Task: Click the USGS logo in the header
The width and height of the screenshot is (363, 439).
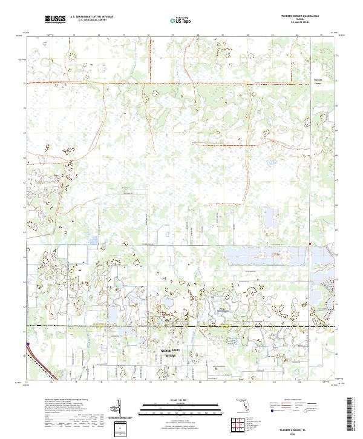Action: tap(54, 20)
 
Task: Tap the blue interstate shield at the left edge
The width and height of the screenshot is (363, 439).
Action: tap(28, 347)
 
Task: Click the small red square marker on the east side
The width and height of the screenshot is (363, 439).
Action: tap(310, 244)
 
